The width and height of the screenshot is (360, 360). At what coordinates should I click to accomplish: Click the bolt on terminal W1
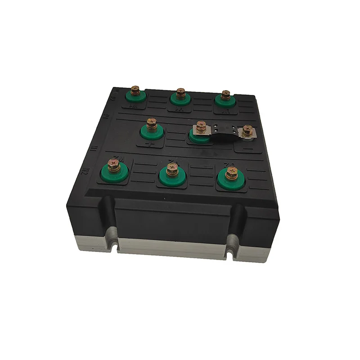tap(134, 91)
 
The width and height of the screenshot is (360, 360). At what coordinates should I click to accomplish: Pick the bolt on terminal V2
tap(172, 169)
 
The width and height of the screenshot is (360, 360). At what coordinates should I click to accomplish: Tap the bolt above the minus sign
tap(247, 130)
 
